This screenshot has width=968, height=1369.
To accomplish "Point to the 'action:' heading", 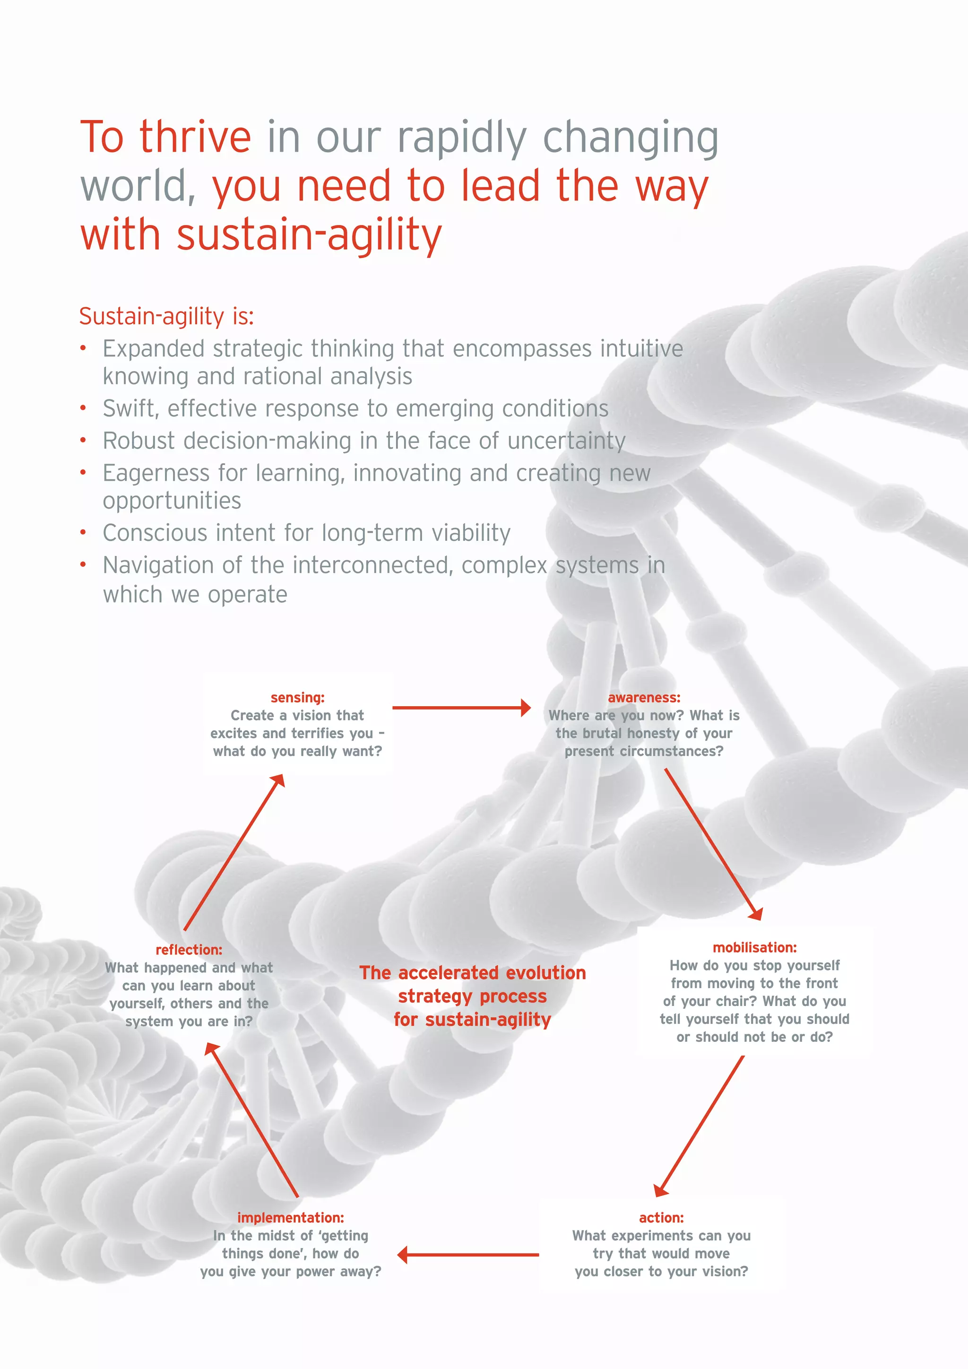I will [x=661, y=1218].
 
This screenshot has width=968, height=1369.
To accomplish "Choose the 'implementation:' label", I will [x=290, y=1218].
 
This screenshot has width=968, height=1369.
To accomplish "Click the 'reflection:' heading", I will [x=189, y=950].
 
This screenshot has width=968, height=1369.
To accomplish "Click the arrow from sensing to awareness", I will [x=461, y=708].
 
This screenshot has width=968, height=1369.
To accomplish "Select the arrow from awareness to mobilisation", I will [x=713, y=844].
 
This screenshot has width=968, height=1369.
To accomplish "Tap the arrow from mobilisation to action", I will [x=700, y=1126].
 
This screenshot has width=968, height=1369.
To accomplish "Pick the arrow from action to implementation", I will [x=468, y=1255].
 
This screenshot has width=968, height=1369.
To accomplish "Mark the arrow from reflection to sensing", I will [x=233, y=853].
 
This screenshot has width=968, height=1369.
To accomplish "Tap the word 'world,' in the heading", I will [x=138, y=186].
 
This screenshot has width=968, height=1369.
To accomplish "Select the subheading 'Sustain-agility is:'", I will [x=166, y=316].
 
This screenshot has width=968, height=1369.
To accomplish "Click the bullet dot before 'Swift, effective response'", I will [x=84, y=409].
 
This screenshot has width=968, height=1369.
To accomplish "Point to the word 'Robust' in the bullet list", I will [x=139, y=441].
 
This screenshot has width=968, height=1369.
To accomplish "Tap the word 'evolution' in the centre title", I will [x=543, y=973].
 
